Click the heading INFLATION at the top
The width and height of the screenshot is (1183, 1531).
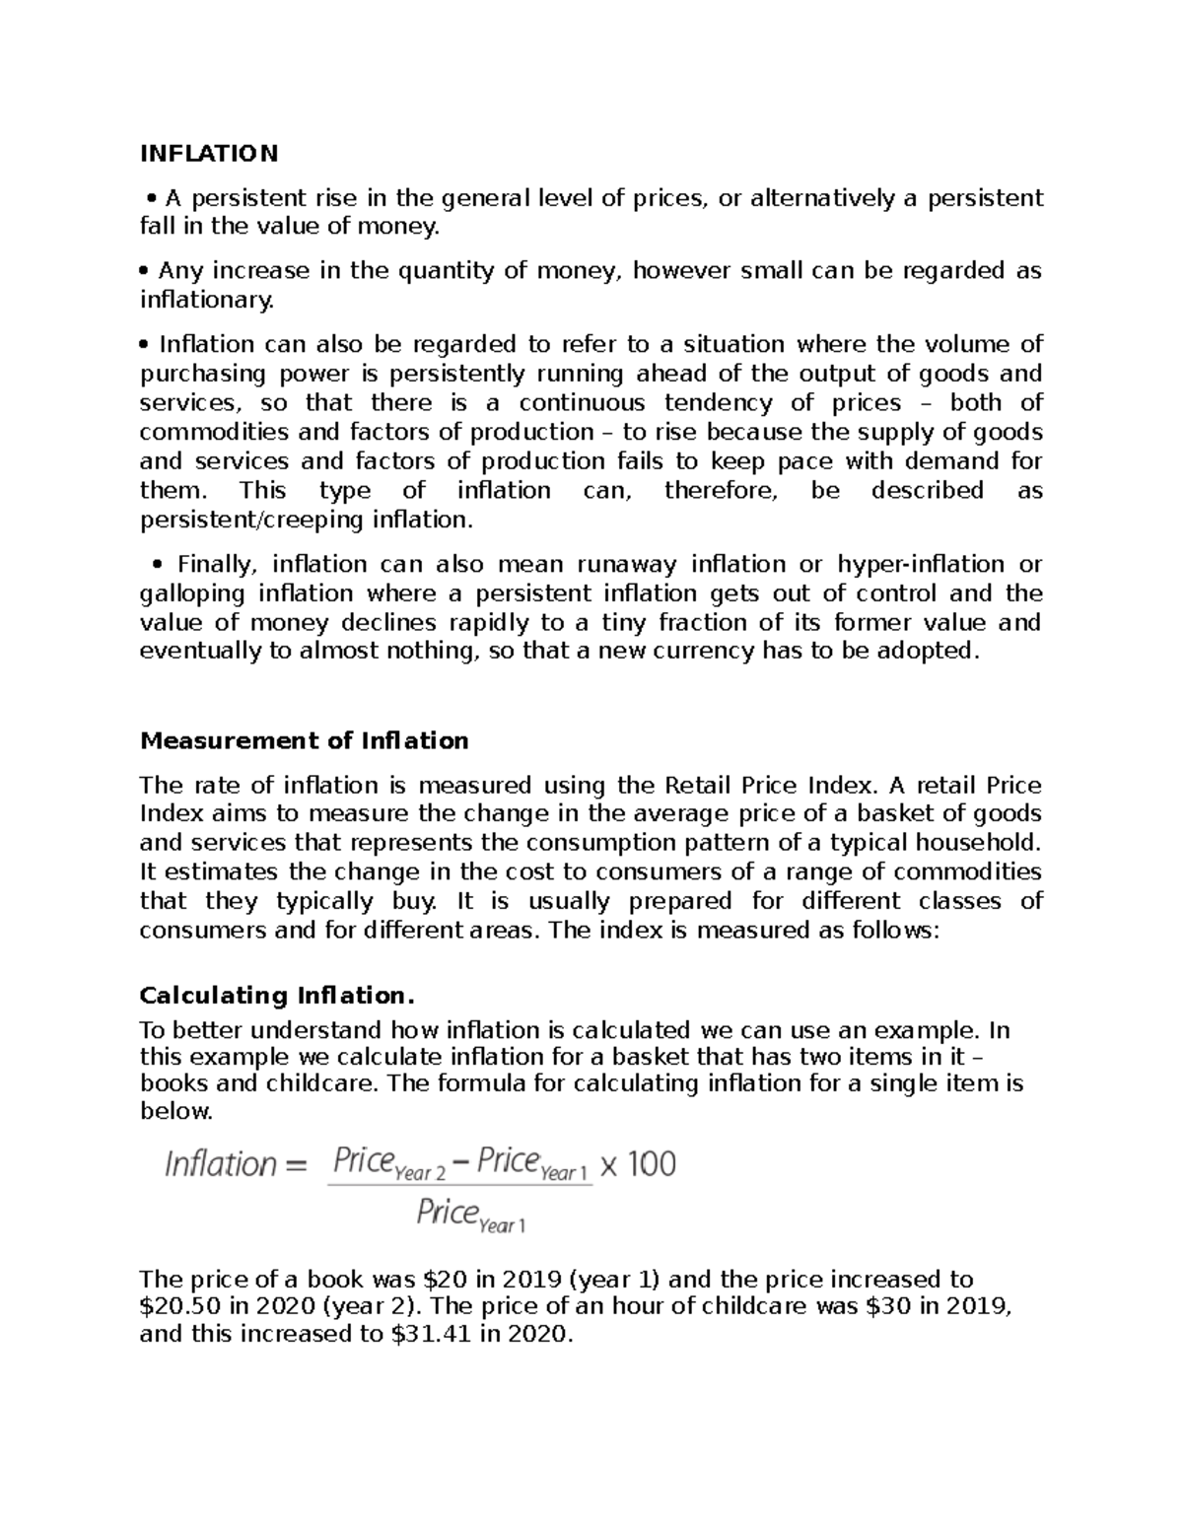coord(209,153)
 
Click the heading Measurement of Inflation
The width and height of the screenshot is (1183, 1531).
coord(304,740)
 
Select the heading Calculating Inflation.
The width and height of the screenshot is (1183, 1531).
coord(272,995)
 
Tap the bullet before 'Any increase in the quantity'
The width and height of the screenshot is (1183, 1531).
coord(145,271)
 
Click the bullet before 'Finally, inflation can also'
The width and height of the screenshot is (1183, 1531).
coord(157,565)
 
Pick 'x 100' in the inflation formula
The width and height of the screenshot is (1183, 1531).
coord(638,1164)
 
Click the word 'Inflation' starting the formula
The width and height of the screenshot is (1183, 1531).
coord(221,1164)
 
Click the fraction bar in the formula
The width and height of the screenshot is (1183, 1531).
coord(459,1186)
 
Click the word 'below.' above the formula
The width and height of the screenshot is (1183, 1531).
coord(176,1112)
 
